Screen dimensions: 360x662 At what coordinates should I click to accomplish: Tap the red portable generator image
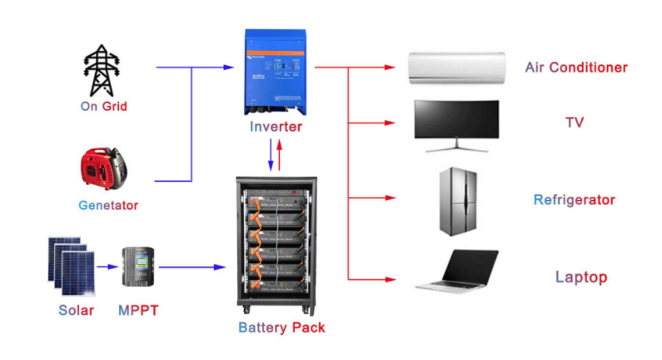point(103,171)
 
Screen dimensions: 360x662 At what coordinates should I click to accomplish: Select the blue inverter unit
point(276,73)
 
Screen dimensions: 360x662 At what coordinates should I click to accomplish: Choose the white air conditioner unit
point(456,67)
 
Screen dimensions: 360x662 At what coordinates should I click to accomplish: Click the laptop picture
point(456,272)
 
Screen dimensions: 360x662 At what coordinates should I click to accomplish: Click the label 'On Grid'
point(103,107)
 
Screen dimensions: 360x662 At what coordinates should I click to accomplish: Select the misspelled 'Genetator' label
point(108,205)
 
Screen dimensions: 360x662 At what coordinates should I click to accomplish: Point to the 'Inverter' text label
point(276,127)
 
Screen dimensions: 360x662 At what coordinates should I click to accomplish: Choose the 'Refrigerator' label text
point(574,200)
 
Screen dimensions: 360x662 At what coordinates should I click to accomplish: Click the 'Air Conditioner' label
point(575,67)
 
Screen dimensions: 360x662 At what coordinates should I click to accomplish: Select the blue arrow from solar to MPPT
point(107,267)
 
